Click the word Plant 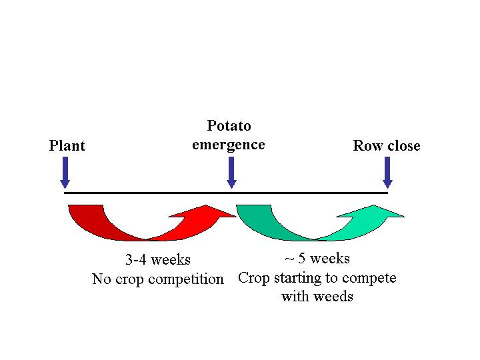pos(67,145)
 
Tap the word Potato pos(229,125)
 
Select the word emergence pos(229,145)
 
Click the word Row pos(365,146)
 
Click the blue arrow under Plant pos(65,173)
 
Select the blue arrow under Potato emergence pos(231,173)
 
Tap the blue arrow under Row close pos(387,173)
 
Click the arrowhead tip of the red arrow pos(237,217)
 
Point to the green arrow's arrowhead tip pos(405,217)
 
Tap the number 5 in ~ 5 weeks pos(301,258)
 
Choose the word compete pos(369,279)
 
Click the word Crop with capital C pos(254,278)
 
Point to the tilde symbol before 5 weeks pos(289,259)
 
